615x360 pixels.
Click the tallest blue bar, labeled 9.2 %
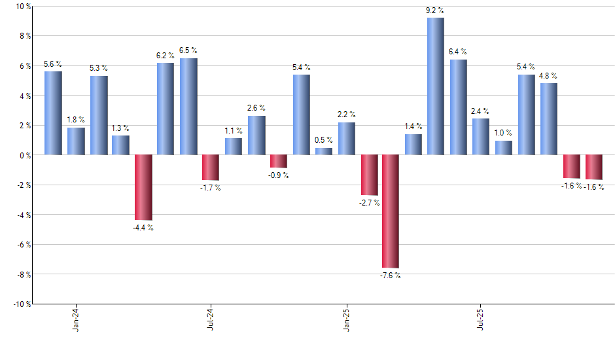(x=436, y=86)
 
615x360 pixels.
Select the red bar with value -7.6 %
(x=391, y=211)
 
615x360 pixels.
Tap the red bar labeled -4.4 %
(x=143, y=187)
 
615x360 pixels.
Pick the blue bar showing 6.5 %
(x=188, y=107)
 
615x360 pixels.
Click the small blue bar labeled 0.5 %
(x=324, y=151)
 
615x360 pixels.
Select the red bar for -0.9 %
(x=279, y=161)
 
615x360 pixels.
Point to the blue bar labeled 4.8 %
(x=548, y=119)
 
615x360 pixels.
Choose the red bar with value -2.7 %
(x=368, y=175)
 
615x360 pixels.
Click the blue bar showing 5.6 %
(x=53, y=113)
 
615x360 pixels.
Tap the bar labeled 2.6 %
(x=256, y=135)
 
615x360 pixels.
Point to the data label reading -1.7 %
(x=210, y=189)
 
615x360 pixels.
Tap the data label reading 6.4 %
(x=458, y=51)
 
